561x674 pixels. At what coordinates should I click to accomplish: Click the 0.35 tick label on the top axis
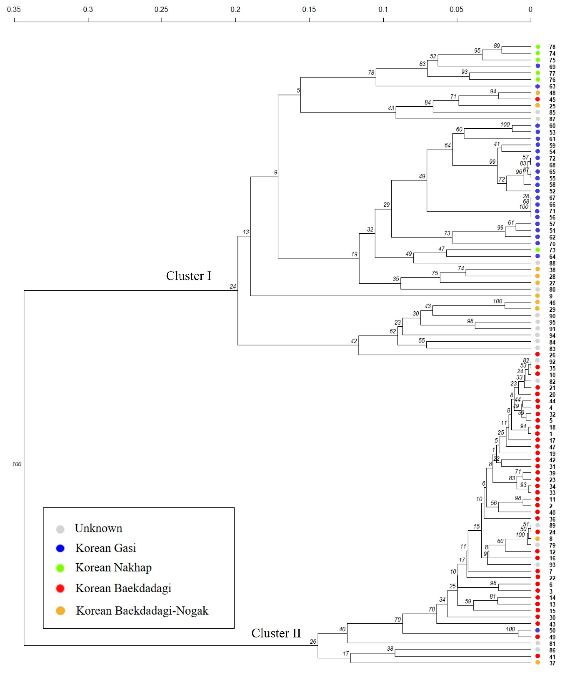14,9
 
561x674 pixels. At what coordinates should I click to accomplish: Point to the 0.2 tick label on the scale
235,9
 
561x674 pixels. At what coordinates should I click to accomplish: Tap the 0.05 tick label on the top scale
456,9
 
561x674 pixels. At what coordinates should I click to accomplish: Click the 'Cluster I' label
188,276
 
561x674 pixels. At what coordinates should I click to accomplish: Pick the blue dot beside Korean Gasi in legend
60,548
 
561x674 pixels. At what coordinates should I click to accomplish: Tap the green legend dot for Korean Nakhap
60,568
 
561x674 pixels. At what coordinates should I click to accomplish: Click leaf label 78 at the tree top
552,47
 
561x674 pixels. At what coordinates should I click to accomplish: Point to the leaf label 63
552,86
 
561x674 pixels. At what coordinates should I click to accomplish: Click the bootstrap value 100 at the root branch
17,464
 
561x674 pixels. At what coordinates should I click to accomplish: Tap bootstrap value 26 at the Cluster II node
313,642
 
